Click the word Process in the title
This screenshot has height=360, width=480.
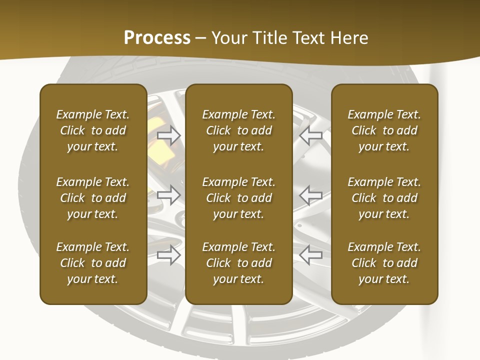click(157, 38)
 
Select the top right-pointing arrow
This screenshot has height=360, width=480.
click(169, 135)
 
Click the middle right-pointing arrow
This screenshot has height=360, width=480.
click(169, 194)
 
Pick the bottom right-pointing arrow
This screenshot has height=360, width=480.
click(169, 254)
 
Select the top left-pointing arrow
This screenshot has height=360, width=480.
click(311, 135)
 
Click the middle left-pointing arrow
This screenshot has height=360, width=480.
click(311, 194)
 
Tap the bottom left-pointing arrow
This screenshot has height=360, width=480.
click(311, 254)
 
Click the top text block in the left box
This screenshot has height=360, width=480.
click(93, 130)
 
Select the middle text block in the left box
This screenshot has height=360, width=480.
click(93, 198)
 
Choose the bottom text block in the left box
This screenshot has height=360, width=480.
click(93, 263)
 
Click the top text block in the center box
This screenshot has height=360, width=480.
click(238, 130)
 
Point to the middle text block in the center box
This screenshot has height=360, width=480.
click(238, 198)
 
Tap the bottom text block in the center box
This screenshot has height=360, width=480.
click(238, 263)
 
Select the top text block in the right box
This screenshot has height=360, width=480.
click(384, 130)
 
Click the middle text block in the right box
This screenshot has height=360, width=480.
click(384, 198)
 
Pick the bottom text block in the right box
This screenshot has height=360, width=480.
click(384, 263)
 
